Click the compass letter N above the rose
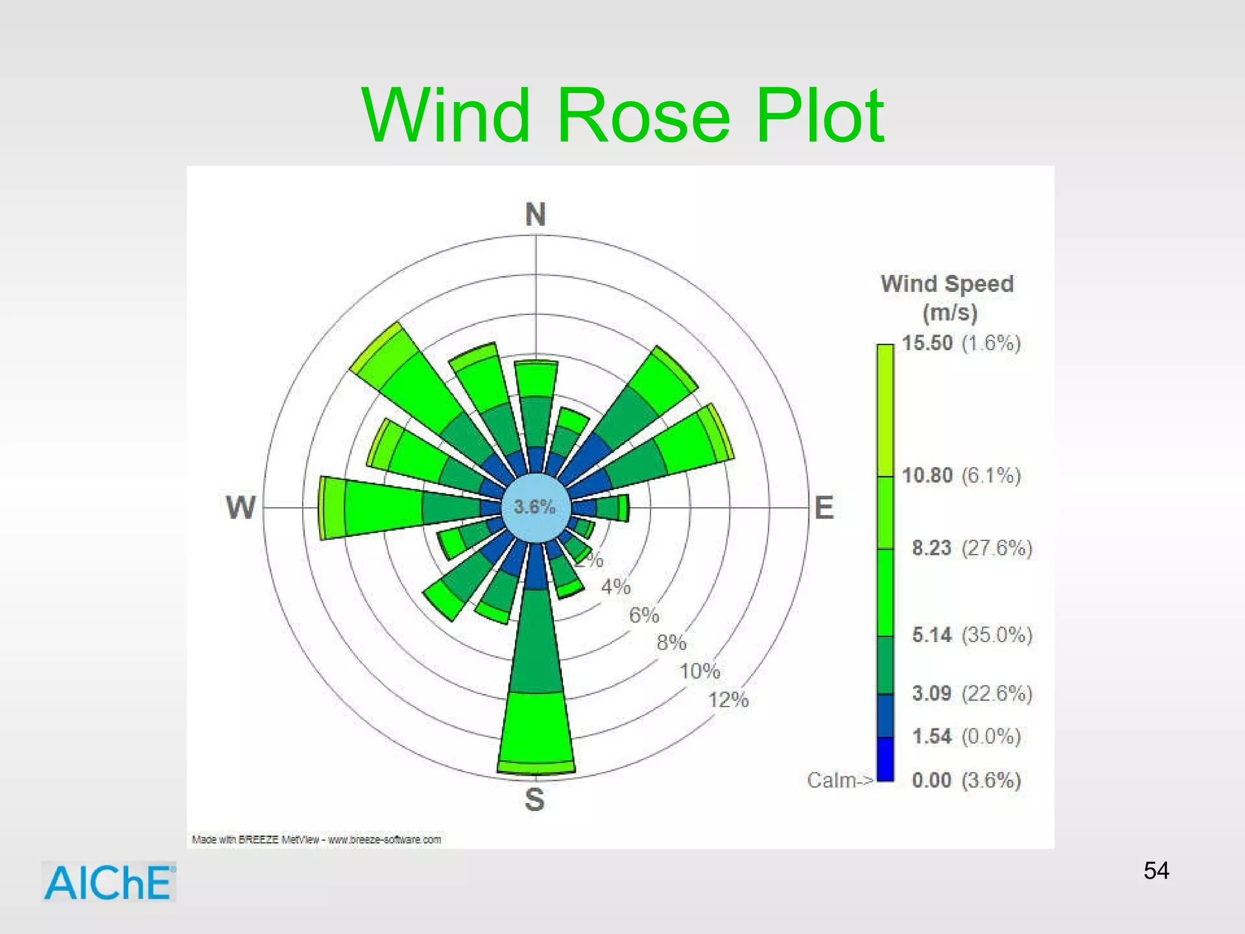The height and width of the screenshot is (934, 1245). click(x=536, y=215)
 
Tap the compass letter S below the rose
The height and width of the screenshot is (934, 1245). click(x=535, y=799)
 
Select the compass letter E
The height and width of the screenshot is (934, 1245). click(x=824, y=508)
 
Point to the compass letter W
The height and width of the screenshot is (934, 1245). click(x=241, y=507)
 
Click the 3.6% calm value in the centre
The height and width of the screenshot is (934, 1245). click(x=534, y=507)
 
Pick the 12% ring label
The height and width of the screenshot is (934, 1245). click(x=728, y=699)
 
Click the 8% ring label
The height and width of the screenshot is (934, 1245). click(x=671, y=642)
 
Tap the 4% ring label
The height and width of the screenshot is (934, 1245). click(x=616, y=587)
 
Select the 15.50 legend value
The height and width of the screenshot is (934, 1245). click(x=927, y=343)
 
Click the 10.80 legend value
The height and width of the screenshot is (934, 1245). click(x=927, y=475)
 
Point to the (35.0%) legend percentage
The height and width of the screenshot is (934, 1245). click(x=997, y=635)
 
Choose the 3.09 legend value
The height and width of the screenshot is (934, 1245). click(x=931, y=693)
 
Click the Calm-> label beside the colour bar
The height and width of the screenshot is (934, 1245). click(x=840, y=780)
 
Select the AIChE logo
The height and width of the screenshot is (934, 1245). click(x=109, y=882)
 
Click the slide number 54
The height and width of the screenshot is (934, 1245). click(x=1156, y=871)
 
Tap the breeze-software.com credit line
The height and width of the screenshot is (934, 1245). click(x=317, y=840)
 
